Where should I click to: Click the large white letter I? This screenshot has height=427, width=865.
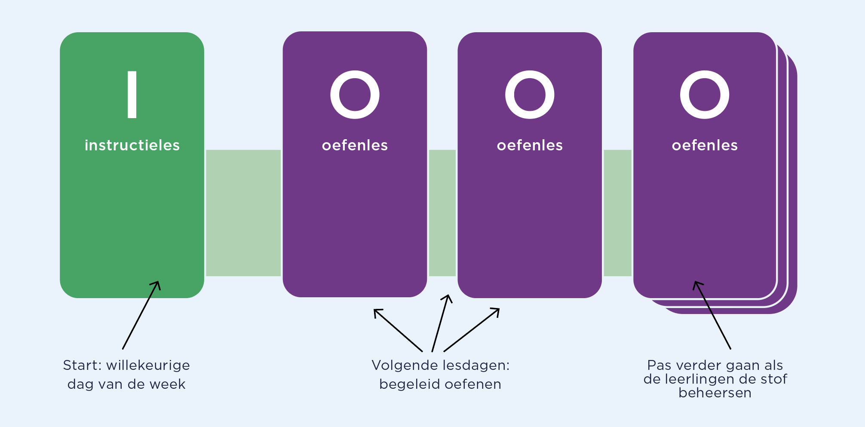click(x=132, y=95)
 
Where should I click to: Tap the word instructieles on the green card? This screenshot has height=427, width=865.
click(x=132, y=146)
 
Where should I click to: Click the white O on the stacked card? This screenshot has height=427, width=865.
click(x=704, y=95)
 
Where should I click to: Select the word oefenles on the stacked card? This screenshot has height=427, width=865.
click(x=704, y=146)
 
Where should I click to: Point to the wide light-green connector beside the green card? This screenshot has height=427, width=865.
click(x=243, y=213)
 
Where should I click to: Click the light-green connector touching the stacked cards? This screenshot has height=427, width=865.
click(x=617, y=213)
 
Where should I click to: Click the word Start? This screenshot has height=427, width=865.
click(x=81, y=365)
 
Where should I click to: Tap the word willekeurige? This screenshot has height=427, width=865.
click(x=148, y=365)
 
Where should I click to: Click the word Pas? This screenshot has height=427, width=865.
click(x=659, y=365)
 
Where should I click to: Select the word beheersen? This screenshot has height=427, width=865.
click(x=715, y=393)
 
